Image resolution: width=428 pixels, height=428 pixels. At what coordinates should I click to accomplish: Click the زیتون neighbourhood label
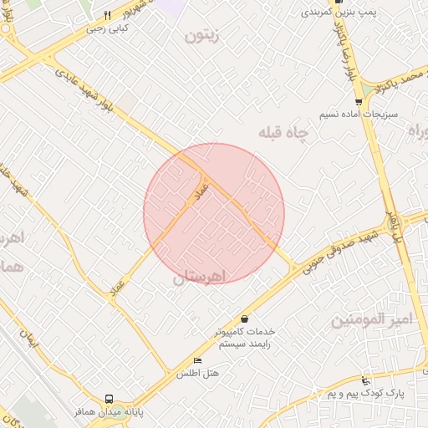coord(203,36)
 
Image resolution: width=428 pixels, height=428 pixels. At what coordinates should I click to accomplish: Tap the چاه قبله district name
coord(283,133)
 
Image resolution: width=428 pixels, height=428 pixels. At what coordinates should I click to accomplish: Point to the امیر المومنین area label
coord(371,319)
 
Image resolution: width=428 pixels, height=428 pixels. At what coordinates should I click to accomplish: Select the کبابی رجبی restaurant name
coord(109,28)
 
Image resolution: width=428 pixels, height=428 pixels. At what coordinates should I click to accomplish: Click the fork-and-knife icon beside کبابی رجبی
coord(108,15)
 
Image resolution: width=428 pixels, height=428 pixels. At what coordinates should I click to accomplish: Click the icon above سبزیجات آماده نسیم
coord(359,101)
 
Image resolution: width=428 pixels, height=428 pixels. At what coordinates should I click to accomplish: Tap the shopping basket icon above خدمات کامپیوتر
coord(244,318)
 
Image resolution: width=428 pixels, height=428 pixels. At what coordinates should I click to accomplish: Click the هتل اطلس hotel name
coord(197,374)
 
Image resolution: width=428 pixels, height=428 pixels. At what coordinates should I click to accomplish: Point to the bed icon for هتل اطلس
coord(197,360)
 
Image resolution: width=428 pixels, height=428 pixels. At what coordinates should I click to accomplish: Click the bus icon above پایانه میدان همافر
coord(109,399)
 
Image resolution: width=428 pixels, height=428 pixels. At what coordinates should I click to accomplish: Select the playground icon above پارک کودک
coord(365,380)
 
